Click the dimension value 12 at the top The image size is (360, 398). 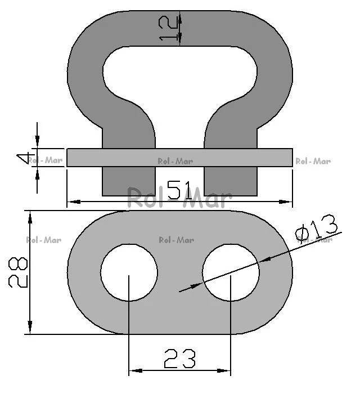(x=168, y=28)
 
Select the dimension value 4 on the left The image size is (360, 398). (x=25, y=158)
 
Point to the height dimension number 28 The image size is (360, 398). (x=18, y=272)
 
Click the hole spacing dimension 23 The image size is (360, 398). (x=180, y=359)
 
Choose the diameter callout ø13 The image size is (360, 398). (x=316, y=227)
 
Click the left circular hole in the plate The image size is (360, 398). (x=129, y=272)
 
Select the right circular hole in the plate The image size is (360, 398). (x=231, y=272)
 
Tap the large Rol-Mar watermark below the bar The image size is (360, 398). (x=179, y=198)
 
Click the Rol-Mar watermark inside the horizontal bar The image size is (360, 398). (x=175, y=161)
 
